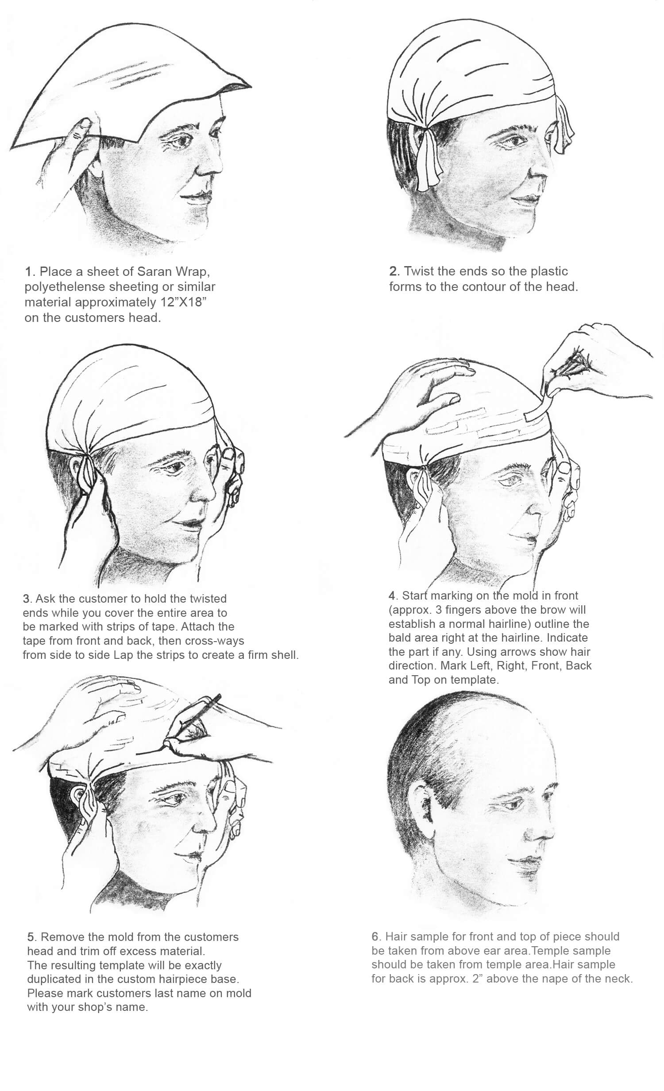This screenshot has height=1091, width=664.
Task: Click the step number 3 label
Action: (x=27, y=599)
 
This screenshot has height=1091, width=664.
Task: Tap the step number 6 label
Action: (x=375, y=937)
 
